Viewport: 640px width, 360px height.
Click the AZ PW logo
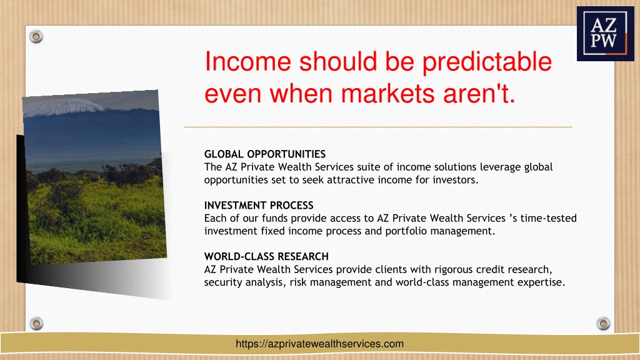point(605,34)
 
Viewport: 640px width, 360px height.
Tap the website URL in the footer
point(319,344)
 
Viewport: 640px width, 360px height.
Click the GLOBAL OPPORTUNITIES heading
point(265,154)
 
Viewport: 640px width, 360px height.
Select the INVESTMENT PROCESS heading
point(259,205)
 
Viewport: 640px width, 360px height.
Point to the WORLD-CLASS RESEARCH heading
point(266,256)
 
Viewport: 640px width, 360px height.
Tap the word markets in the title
point(388,94)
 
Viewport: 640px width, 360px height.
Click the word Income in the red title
point(247,61)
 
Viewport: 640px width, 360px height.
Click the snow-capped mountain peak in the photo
point(63,106)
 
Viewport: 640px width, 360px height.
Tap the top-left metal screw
point(36,37)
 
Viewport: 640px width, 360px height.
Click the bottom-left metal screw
point(36,324)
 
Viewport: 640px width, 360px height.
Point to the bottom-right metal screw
point(603,324)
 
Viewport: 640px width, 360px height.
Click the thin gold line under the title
point(378,127)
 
